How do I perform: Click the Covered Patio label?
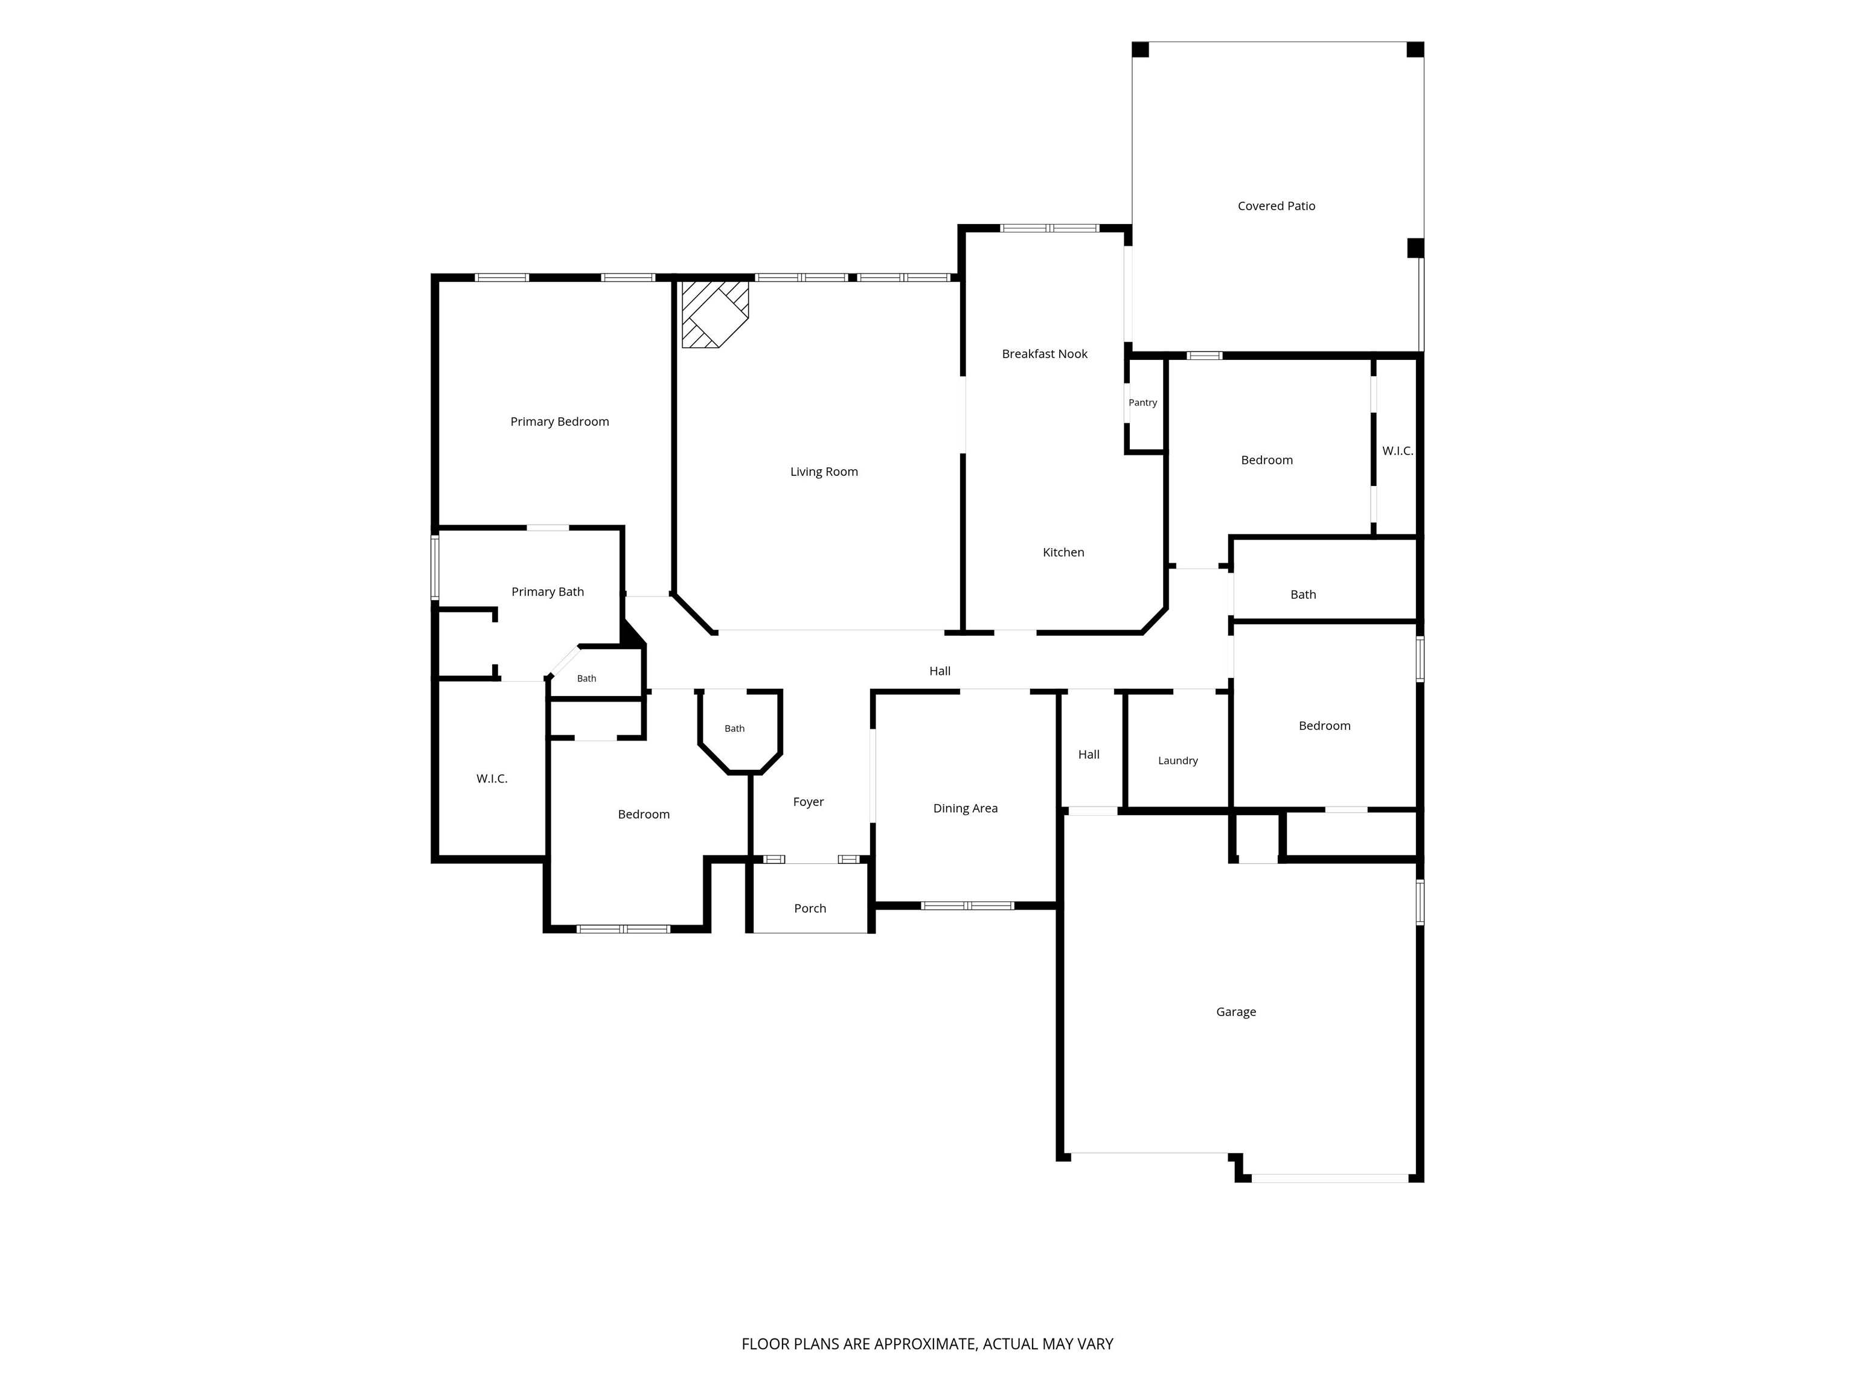pyautogui.click(x=1277, y=206)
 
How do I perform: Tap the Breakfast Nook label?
pyautogui.click(x=1044, y=354)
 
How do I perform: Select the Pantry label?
pyautogui.click(x=1142, y=403)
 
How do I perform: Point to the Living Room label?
pyautogui.click(x=824, y=472)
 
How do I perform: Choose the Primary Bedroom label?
pyautogui.click(x=559, y=422)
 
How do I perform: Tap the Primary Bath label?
pyautogui.click(x=548, y=592)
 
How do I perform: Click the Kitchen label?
pyautogui.click(x=1063, y=552)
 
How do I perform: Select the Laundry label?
pyautogui.click(x=1177, y=761)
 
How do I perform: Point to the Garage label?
pyautogui.click(x=1236, y=1012)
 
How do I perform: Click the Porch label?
pyautogui.click(x=810, y=908)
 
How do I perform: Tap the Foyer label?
pyautogui.click(x=809, y=802)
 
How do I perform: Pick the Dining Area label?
pyautogui.click(x=965, y=808)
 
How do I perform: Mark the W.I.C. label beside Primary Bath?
pyautogui.click(x=492, y=779)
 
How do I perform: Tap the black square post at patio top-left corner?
pyautogui.click(x=1141, y=50)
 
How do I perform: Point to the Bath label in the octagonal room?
pyautogui.click(x=735, y=729)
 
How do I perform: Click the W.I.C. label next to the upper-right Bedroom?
pyautogui.click(x=1397, y=451)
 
